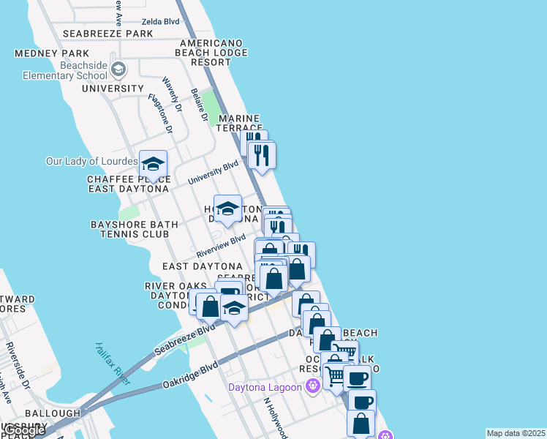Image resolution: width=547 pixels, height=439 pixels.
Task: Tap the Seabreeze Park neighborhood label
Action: coord(107,34)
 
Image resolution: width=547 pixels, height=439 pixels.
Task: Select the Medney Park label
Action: coord(53,53)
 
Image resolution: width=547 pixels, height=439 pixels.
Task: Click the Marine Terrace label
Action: coord(239,123)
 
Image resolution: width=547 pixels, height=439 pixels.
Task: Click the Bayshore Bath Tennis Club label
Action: coord(129,229)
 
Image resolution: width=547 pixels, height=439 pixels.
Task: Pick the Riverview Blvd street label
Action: coord(221,246)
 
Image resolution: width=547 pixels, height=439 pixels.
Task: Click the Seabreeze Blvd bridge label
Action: coord(184,340)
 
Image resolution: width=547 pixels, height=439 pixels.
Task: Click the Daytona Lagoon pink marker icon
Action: coord(313,386)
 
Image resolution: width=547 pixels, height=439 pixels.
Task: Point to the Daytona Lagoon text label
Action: coord(266,387)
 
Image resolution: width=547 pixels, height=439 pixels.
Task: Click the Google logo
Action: coord(23,430)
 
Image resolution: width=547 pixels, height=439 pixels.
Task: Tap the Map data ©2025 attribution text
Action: coord(516,433)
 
